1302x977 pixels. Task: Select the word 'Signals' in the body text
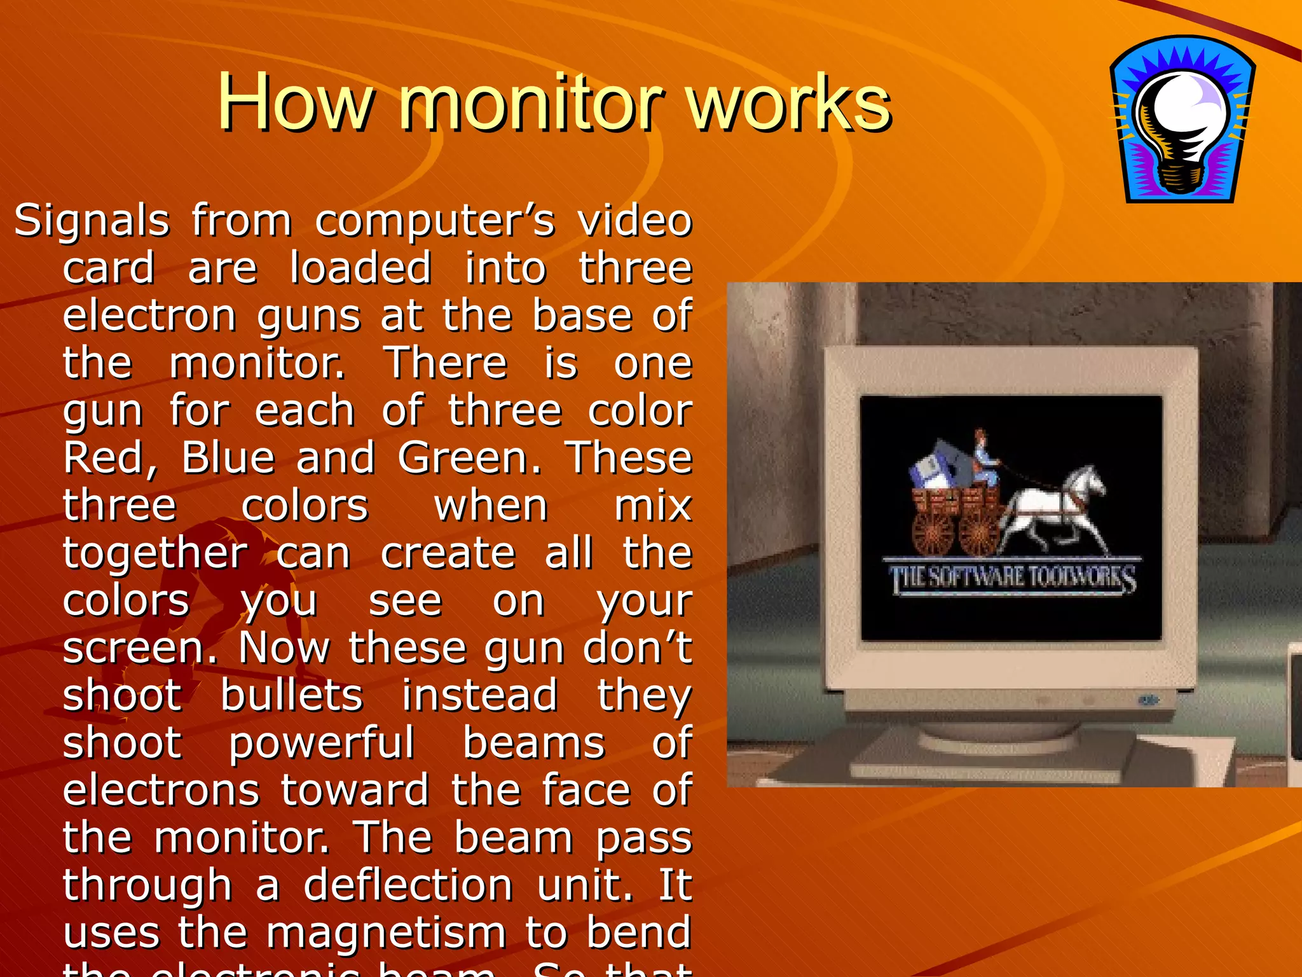click(92, 221)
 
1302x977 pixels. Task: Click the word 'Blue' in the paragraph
click(228, 458)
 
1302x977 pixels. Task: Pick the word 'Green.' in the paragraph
click(470, 458)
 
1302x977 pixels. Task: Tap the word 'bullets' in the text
click(291, 695)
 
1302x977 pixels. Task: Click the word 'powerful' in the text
click(322, 743)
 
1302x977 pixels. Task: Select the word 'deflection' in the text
click(408, 885)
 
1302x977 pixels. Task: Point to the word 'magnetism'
click(386, 932)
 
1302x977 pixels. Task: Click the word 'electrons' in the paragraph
click(161, 790)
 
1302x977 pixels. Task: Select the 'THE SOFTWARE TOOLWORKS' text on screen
click(1012, 578)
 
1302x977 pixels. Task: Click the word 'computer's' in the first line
click(435, 221)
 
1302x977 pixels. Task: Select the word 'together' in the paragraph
click(155, 553)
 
